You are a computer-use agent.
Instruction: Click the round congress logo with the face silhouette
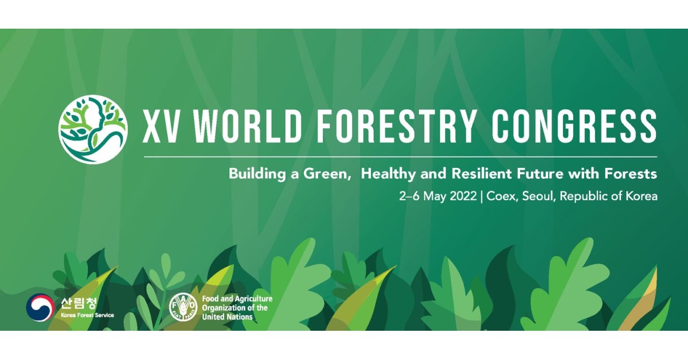(x=93, y=130)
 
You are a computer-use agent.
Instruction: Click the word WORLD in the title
(x=248, y=126)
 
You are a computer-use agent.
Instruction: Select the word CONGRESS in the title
(x=574, y=126)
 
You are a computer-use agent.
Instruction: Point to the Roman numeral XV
(x=161, y=126)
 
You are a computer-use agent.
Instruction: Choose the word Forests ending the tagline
(x=631, y=174)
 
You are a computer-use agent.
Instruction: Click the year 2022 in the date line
(x=463, y=196)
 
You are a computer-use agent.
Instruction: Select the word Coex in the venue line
(x=502, y=196)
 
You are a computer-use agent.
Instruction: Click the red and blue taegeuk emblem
(x=40, y=307)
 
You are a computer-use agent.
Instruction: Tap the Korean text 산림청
(x=79, y=303)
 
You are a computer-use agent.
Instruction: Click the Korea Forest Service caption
(x=87, y=315)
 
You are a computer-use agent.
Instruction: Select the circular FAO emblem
(x=183, y=307)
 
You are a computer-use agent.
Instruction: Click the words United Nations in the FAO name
(x=227, y=317)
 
